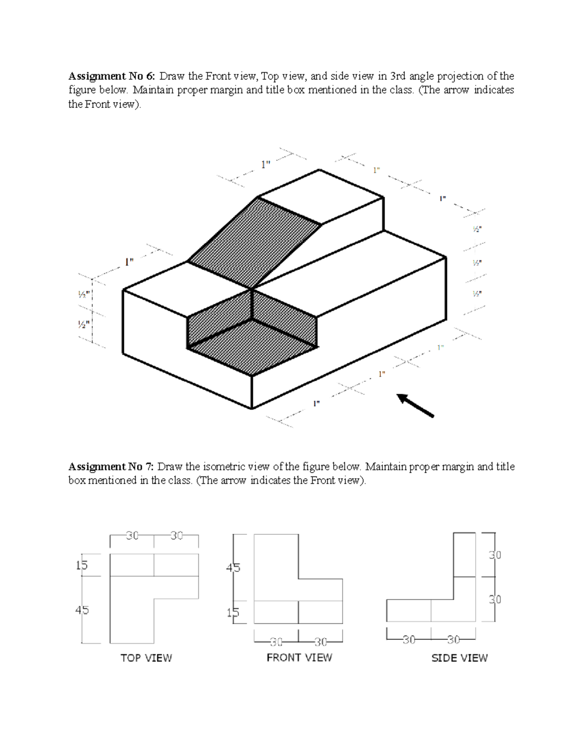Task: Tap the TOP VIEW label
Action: [146, 658]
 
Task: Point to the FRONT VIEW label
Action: [299, 657]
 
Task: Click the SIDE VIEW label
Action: [459, 658]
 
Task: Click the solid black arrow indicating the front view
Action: [415, 405]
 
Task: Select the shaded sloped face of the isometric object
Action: [255, 241]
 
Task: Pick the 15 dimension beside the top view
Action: [82, 565]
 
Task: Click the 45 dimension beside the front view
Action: [233, 568]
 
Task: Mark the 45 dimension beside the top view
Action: [82, 610]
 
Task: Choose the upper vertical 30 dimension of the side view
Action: [495, 555]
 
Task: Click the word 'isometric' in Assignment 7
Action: [224, 467]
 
